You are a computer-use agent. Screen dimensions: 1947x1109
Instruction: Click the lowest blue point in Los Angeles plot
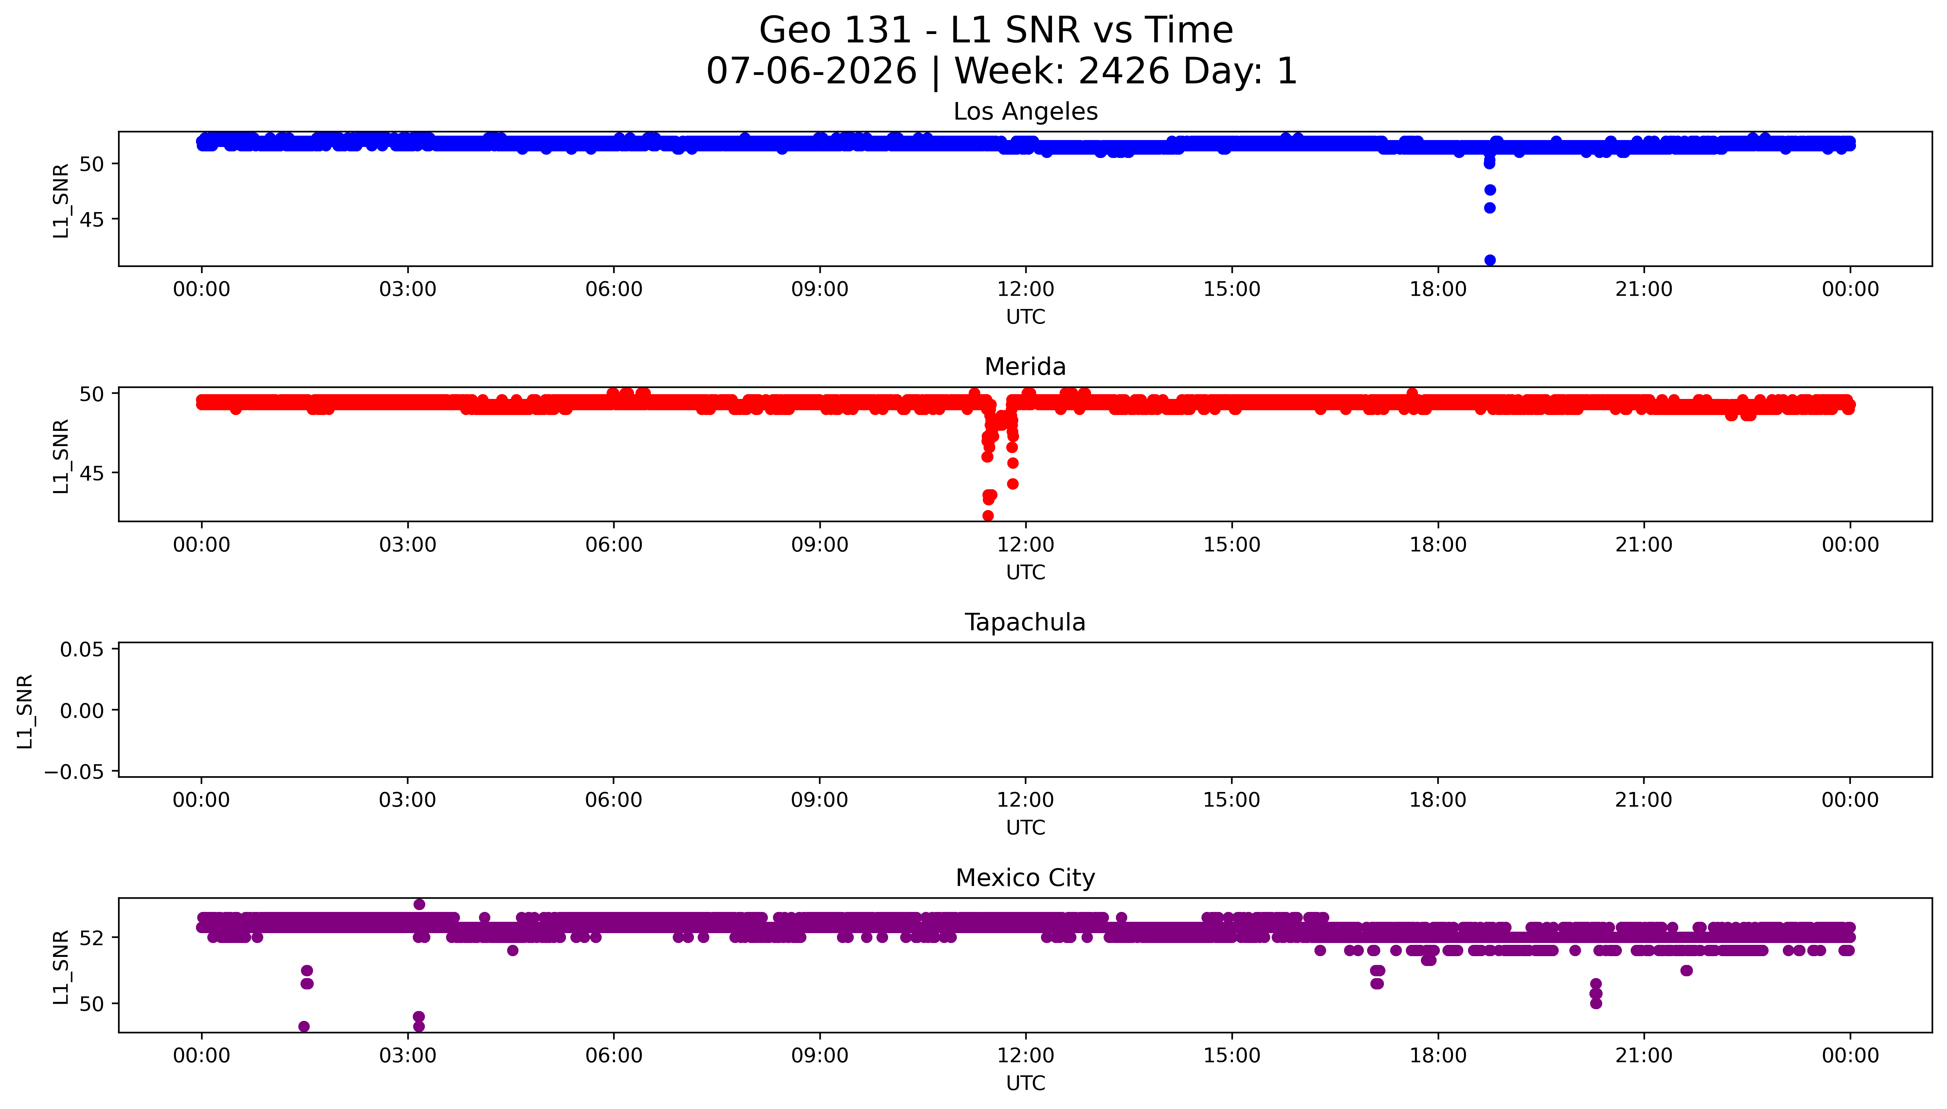1489,260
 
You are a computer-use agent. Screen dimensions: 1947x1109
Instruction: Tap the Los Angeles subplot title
1025,112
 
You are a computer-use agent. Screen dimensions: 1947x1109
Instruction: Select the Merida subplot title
1025,367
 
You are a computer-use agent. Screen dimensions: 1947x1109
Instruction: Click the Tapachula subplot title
1025,622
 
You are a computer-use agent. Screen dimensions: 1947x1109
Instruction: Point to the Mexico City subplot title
1025,878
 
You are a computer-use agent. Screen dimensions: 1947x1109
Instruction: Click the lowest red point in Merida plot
988,516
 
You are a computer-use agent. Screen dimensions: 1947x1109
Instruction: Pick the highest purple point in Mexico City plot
419,904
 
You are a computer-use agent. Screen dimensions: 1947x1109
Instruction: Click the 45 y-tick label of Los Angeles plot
91,219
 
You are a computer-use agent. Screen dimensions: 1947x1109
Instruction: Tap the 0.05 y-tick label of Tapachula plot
82,650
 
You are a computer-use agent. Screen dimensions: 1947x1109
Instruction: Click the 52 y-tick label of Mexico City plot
91,938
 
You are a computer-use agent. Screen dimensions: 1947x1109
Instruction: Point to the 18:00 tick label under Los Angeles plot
1438,290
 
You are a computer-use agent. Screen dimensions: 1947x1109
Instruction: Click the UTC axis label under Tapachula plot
1026,828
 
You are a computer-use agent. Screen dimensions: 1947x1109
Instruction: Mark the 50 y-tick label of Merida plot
91,394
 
